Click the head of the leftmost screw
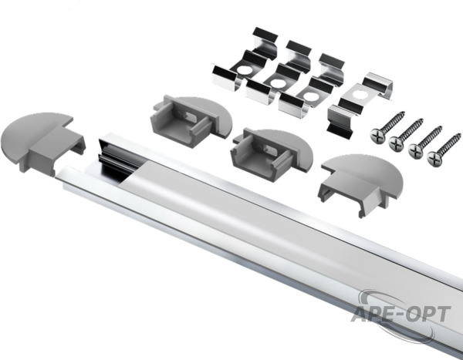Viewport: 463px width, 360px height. [x=378, y=135]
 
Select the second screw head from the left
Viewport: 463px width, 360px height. [x=397, y=143]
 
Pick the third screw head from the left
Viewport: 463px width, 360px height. [x=416, y=150]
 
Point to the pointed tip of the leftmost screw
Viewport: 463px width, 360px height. [x=404, y=112]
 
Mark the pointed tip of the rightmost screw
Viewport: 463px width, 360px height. [x=459, y=135]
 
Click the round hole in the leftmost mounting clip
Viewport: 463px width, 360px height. [x=243, y=70]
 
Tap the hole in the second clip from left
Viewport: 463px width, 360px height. [x=278, y=83]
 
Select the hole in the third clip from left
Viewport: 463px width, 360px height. [x=309, y=96]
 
